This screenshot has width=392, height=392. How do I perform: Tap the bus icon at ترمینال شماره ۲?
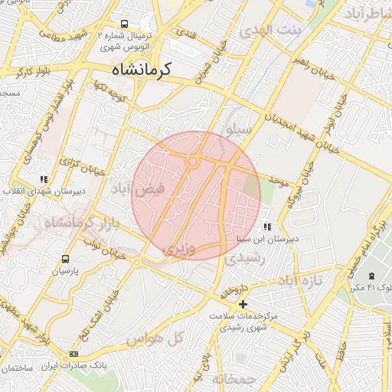pyautogui.click(x=125, y=24)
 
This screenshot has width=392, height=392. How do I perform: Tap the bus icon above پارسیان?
pyautogui.click(x=66, y=259)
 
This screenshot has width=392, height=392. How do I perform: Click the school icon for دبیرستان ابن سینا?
pyautogui.click(x=266, y=227)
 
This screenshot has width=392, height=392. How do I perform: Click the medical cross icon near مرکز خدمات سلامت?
pyautogui.click(x=243, y=304)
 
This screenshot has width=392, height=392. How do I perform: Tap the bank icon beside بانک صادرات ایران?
pyautogui.click(x=73, y=354)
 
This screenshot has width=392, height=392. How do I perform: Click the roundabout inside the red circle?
pyautogui.click(x=193, y=162)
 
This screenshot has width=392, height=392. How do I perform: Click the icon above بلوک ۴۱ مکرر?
pyautogui.click(x=371, y=276)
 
